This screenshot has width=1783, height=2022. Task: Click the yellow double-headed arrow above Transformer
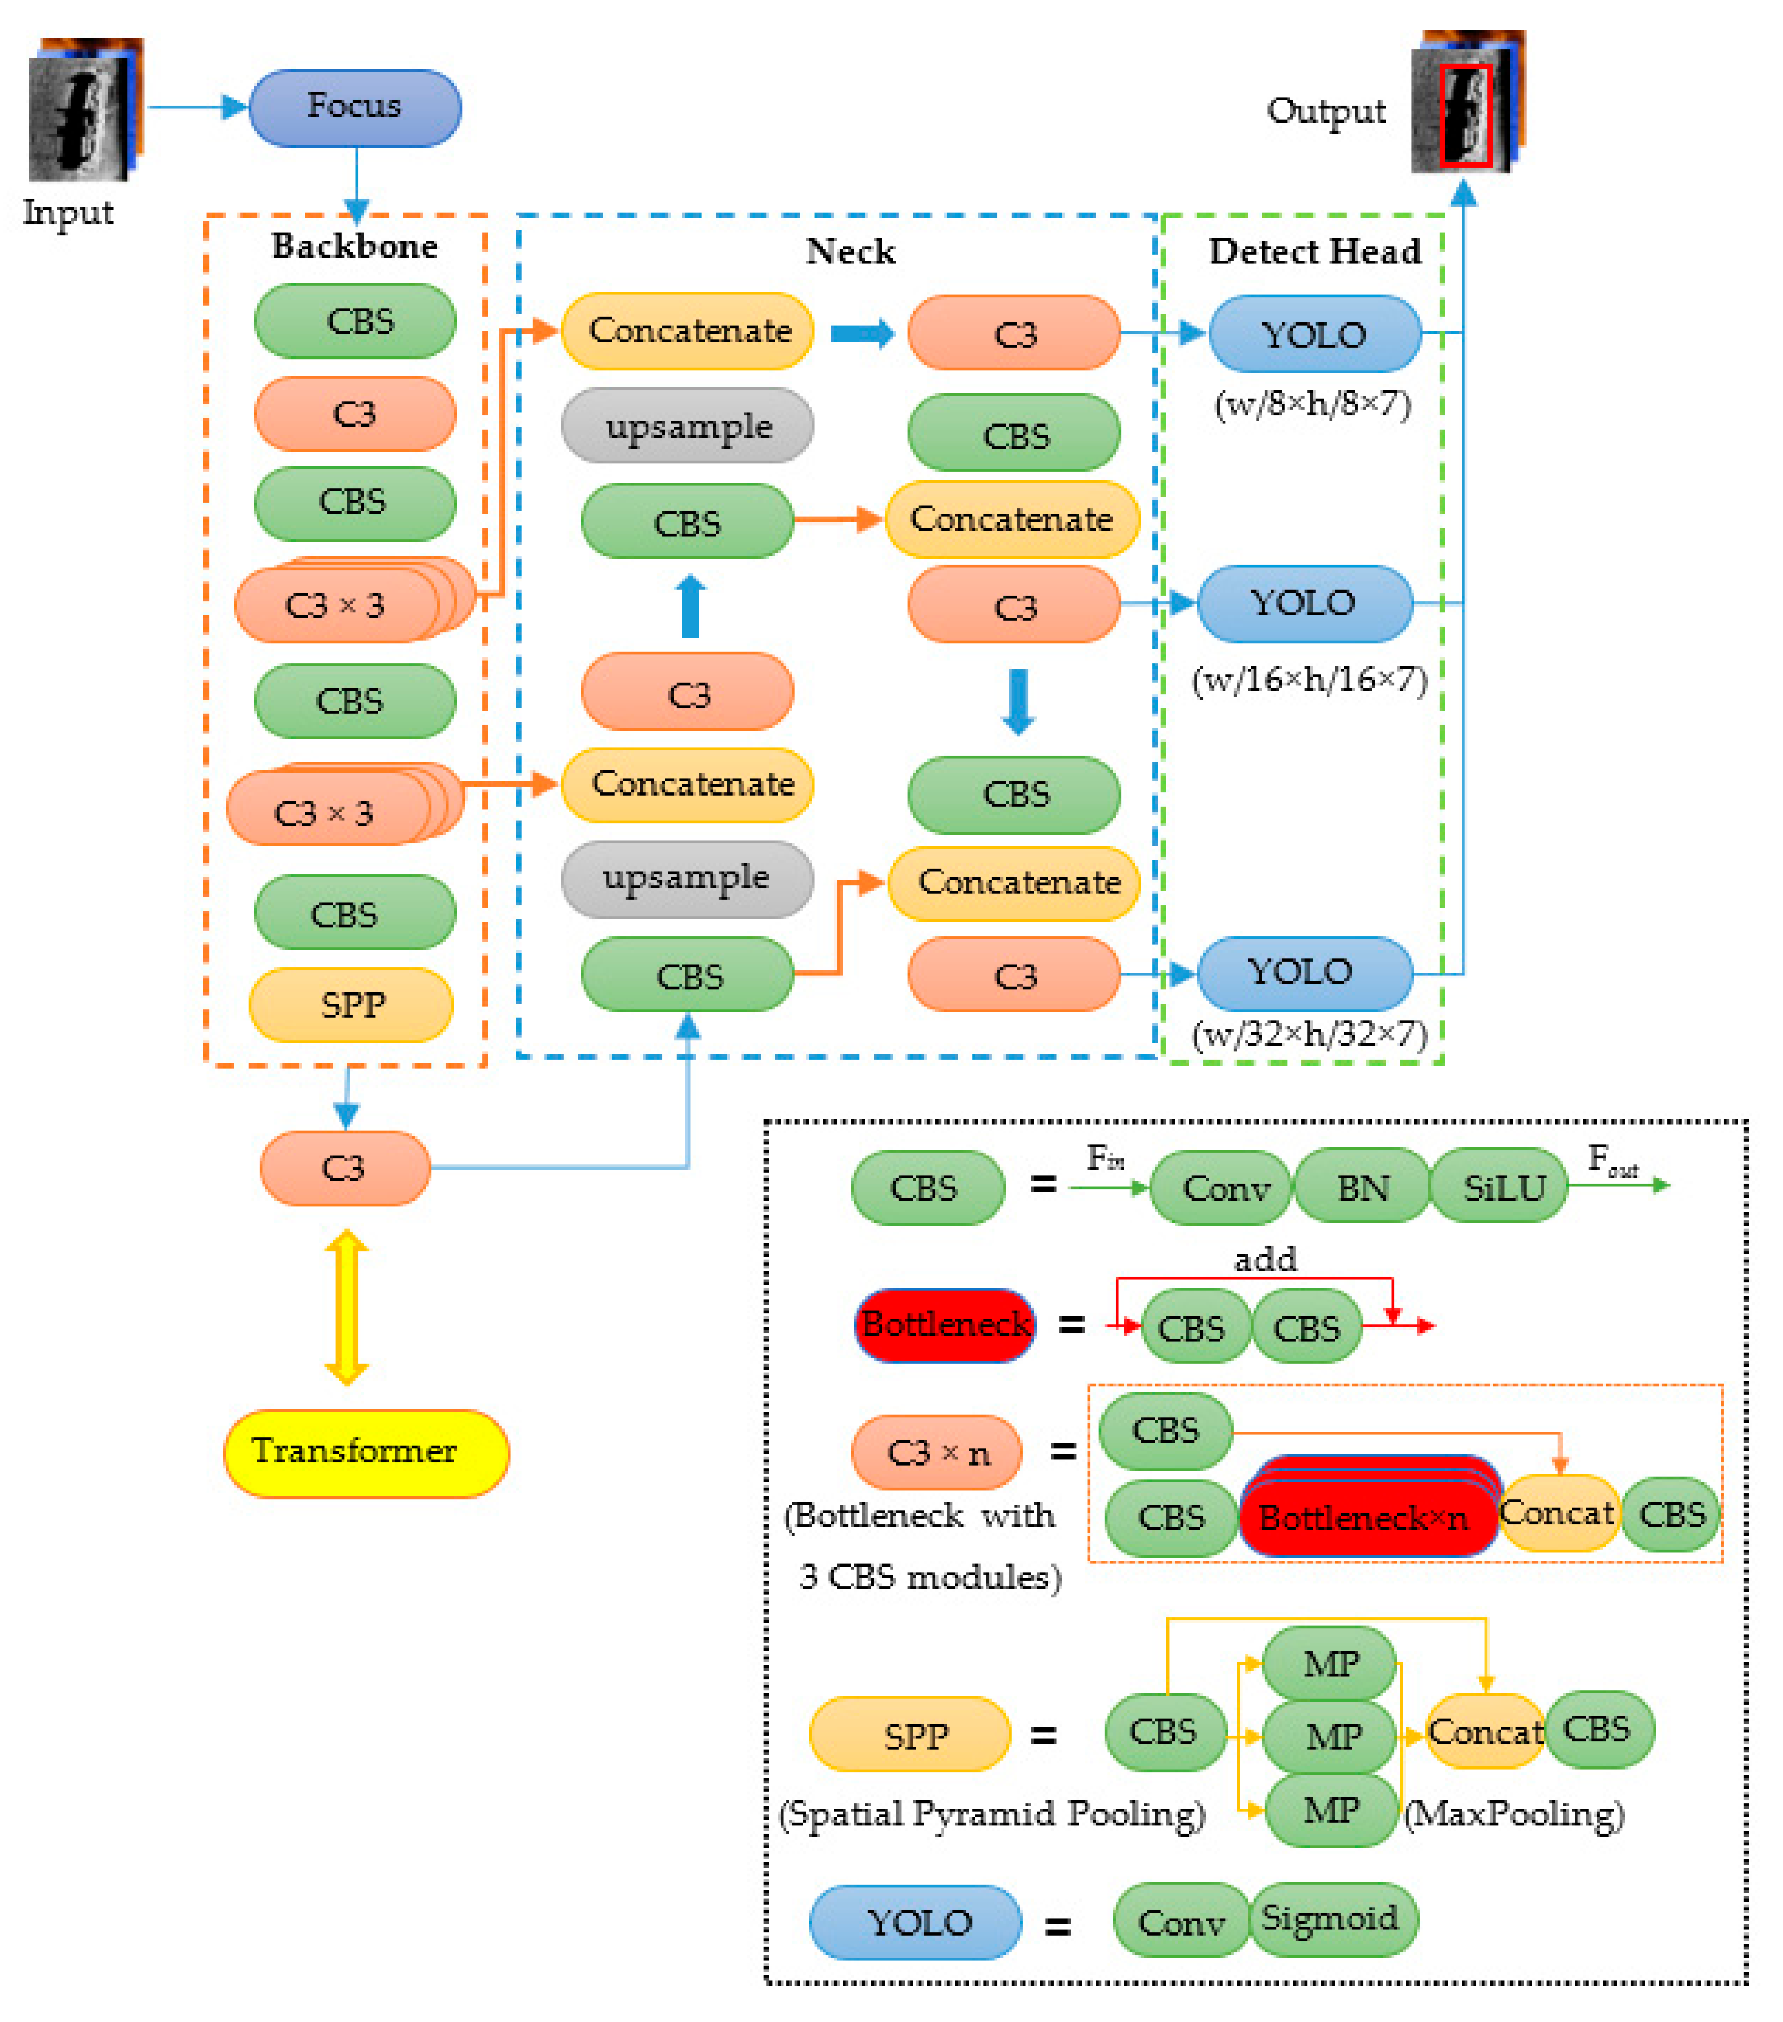[x=346, y=1306]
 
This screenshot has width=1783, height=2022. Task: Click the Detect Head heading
[x=1314, y=251]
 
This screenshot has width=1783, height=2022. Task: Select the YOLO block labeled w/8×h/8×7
[x=1314, y=334]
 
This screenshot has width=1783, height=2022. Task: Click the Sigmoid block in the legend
[x=1331, y=1919]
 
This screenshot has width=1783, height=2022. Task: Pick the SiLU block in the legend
[x=1502, y=1187]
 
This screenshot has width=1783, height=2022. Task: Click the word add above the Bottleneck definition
[x=1265, y=1259]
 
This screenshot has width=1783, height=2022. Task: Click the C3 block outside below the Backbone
[x=344, y=1168]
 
